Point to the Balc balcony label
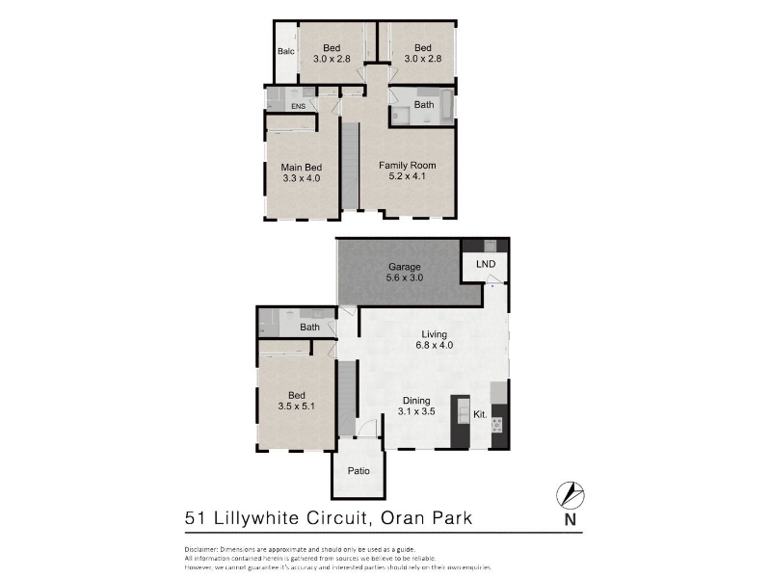point(285,51)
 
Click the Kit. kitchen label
point(479,414)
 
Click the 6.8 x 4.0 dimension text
point(433,345)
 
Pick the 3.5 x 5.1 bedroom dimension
point(297,406)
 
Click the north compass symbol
point(571,495)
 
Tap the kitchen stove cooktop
point(498,424)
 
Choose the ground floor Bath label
point(308,328)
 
